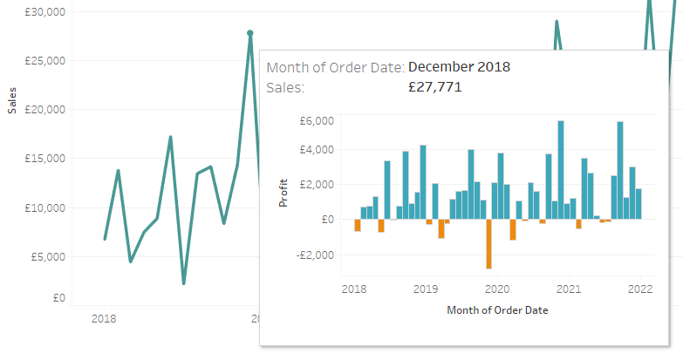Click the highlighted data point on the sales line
pyautogui.click(x=250, y=33)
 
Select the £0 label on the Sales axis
pyautogui.click(x=58, y=298)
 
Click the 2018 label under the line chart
pyautogui.click(x=103, y=319)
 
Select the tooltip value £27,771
pyautogui.click(x=435, y=87)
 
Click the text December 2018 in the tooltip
pyautogui.click(x=459, y=67)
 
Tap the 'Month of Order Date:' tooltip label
pyautogui.click(x=335, y=67)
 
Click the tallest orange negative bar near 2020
pyautogui.click(x=488, y=244)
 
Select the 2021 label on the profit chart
pyautogui.click(x=569, y=289)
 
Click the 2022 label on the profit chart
pyautogui.click(x=640, y=289)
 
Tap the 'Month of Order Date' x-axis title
pyautogui.click(x=496, y=309)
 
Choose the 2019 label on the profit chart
pyautogui.click(x=425, y=289)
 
